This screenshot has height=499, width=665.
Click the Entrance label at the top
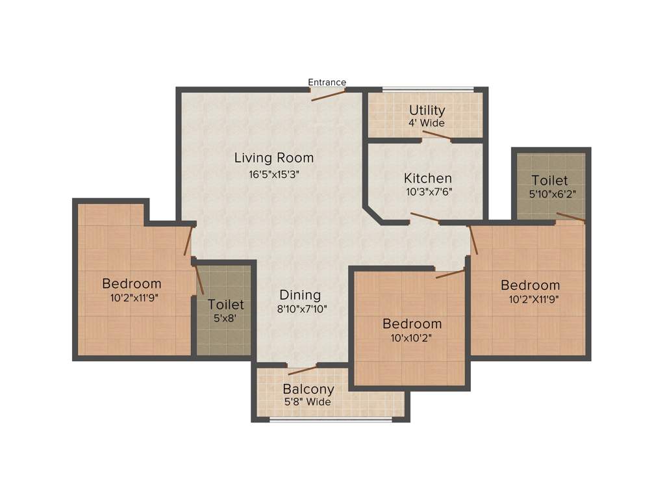click(x=327, y=82)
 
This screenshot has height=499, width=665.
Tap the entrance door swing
click(x=328, y=95)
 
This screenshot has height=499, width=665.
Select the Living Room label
click(x=273, y=157)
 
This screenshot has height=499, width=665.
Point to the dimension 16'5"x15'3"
click(x=273, y=173)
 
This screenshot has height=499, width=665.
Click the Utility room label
click(x=427, y=110)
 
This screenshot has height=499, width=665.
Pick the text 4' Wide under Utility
click(x=427, y=123)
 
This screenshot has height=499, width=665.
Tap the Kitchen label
click(x=427, y=178)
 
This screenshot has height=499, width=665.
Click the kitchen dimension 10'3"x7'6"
click(x=427, y=192)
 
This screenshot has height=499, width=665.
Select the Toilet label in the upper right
click(x=549, y=180)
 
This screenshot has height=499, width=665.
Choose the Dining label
click(x=301, y=294)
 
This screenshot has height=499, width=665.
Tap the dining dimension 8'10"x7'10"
click(x=301, y=309)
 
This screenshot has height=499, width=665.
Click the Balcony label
click(x=308, y=389)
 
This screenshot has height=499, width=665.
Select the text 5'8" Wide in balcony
click(x=308, y=402)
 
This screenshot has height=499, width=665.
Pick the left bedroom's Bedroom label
click(x=132, y=283)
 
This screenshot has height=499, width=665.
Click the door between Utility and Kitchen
click(x=436, y=136)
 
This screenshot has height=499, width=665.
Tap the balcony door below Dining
click(x=302, y=370)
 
